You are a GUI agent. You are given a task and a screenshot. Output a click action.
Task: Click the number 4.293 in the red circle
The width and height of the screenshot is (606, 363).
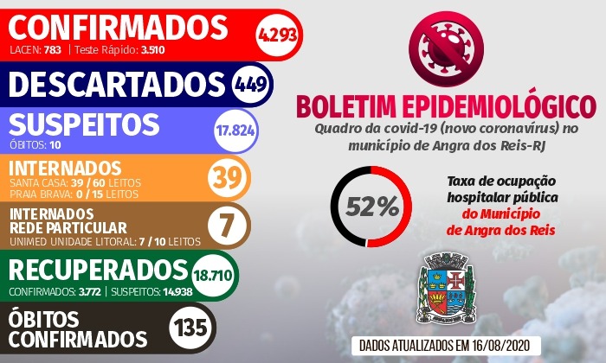click(x=276, y=35)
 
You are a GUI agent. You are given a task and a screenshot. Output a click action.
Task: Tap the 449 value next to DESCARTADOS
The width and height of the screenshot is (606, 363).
click(x=253, y=84)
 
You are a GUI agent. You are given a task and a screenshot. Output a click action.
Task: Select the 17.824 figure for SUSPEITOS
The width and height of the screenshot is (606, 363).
click(x=235, y=131)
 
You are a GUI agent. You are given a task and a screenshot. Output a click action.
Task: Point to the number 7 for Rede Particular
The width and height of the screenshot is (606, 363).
click(x=227, y=224)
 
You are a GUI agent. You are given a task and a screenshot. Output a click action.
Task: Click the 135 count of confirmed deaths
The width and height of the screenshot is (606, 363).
click(x=193, y=328)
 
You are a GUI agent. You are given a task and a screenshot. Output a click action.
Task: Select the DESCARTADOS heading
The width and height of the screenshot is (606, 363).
click(x=117, y=84)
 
